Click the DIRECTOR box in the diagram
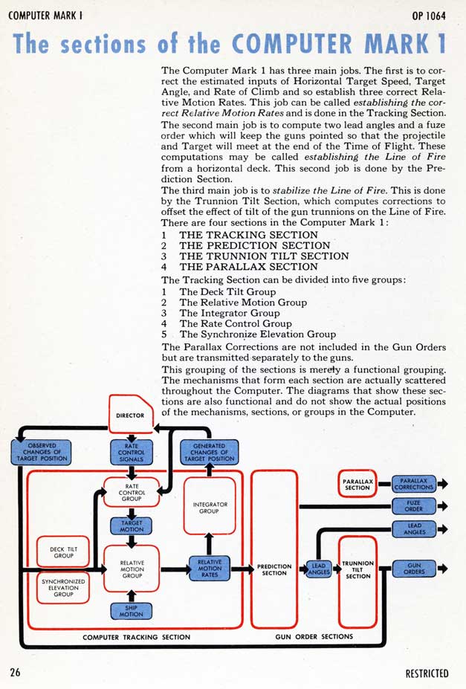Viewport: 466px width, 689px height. [130, 415]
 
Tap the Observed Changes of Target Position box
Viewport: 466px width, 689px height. [42, 452]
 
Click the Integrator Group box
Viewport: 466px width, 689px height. [210, 508]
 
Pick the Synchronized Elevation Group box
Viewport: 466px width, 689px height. [62, 586]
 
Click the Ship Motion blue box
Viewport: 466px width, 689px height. [132, 610]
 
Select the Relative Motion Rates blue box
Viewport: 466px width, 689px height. [210, 569]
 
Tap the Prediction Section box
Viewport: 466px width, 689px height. [274, 569]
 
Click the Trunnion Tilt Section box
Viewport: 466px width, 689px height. [357, 569]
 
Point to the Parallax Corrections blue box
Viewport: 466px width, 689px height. [414, 484]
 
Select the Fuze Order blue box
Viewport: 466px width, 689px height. [414, 506]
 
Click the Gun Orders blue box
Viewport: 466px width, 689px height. [414, 569]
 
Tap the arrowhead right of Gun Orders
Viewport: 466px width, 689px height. [444, 569]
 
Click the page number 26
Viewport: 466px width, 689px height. [15, 673]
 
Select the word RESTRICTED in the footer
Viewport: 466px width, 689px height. [427, 674]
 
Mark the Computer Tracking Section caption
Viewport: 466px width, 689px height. [136, 637]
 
